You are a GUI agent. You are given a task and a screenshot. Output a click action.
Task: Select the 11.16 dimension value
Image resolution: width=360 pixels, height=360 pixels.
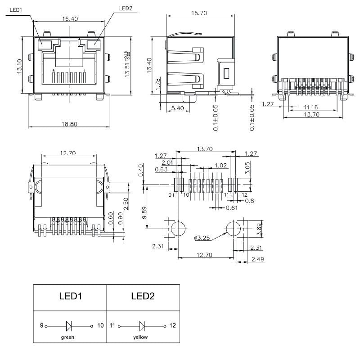click(x=311, y=108)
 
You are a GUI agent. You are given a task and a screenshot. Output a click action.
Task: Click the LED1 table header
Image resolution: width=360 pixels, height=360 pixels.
click(x=70, y=296)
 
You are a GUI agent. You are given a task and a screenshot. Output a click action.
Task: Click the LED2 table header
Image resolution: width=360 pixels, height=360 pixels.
click(x=143, y=296)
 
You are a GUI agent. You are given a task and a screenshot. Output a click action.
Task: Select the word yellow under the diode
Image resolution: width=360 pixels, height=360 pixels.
click(x=140, y=337)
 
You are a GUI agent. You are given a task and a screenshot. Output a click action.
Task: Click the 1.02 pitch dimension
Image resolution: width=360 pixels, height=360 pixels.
click(x=221, y=165)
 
